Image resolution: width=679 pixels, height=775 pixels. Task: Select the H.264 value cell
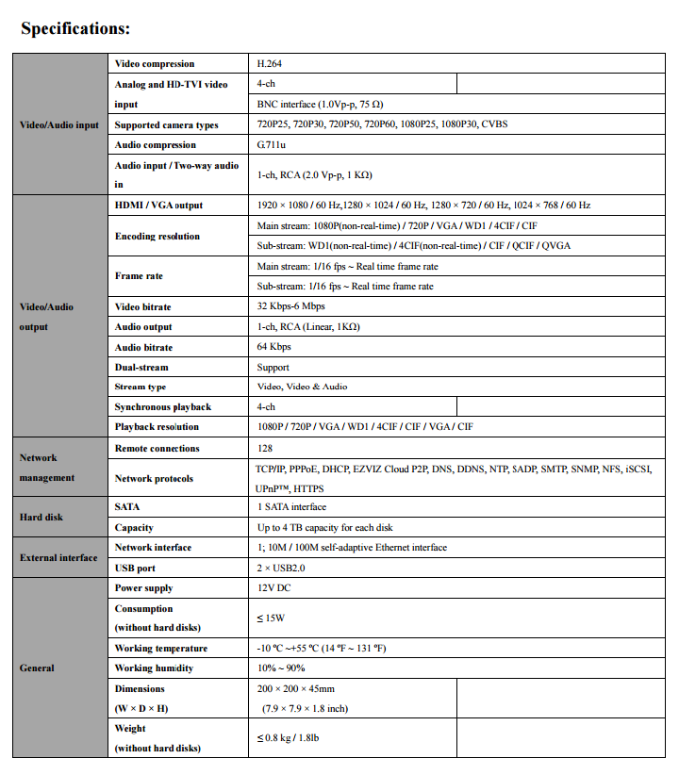[270, 64]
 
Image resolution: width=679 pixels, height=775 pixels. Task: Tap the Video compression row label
[155, 64]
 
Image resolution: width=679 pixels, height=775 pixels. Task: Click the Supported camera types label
[166, 124]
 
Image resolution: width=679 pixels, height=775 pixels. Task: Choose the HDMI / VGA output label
[158, 206]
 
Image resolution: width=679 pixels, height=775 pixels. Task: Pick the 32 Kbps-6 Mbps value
[291, 307]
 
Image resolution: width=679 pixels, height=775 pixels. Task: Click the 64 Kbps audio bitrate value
[273, 348]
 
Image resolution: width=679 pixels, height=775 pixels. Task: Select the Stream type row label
[141, 387]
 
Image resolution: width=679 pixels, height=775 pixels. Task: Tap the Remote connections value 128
[266, 449]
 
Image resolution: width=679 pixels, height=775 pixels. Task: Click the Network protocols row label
[154, 479]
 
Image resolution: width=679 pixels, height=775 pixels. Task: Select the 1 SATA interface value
[291, 507]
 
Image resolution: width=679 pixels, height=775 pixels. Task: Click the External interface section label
[58, 558]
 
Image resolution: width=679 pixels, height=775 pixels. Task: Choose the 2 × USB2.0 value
[281, 569]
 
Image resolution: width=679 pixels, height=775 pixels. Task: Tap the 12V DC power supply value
[274, 588]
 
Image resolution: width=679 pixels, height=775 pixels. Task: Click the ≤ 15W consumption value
[271, 618]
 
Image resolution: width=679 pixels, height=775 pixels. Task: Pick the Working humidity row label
[154, 668]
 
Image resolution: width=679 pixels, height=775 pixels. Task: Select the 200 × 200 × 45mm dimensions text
[296, 689]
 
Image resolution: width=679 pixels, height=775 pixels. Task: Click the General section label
[37, 668]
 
